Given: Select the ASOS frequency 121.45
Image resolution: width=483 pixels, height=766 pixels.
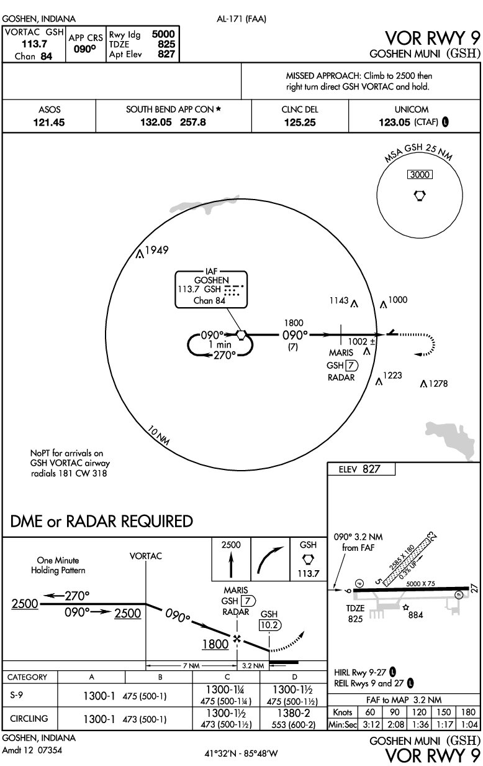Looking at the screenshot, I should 49,122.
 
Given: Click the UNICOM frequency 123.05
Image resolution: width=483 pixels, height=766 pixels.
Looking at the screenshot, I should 395,122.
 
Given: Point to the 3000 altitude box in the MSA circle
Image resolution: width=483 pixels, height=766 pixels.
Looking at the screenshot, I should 420,175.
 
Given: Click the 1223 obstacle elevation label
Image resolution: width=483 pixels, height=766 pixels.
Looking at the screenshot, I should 394,376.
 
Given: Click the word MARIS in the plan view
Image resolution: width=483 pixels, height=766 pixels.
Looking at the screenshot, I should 341,353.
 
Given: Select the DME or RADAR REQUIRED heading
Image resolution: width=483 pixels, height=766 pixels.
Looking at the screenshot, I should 102,521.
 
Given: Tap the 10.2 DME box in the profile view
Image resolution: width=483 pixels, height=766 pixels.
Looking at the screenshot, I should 269,625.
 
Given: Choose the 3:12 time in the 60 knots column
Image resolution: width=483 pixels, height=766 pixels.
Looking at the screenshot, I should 371,724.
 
